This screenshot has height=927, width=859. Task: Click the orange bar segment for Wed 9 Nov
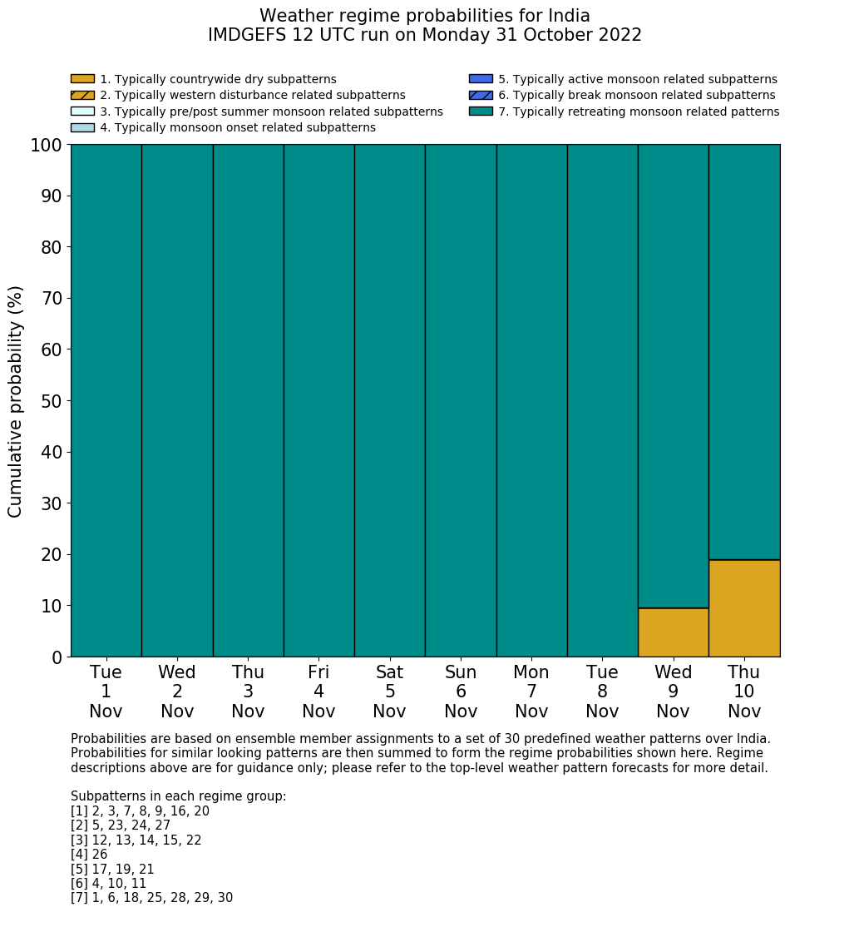[x=673, y=632]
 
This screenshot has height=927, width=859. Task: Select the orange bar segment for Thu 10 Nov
[x=744, y=608]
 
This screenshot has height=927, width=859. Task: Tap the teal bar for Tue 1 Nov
[x=106, y=399]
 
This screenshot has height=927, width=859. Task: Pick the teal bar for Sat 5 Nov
[x=389, y=399]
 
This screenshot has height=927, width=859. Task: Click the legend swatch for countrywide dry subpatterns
[x=82, y=79]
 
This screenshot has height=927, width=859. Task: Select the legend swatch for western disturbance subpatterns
[x=82, y=95]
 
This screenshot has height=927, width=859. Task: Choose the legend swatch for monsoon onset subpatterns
[x=82, y=127]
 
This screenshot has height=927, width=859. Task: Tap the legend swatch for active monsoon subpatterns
[x=481, y=79]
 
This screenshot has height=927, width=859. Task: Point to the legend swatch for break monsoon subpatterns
[x=481, y=95]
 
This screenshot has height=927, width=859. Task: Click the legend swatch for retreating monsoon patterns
[x=481, y=111]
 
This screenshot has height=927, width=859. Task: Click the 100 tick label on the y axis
[x=47, y=146]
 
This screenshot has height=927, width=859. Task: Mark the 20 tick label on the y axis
[x=52, y=555]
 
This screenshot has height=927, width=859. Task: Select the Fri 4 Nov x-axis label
[x=318, y=692]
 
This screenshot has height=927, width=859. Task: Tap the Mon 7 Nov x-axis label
[x=531, y=692]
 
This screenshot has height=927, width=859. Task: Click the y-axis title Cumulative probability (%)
[x=16, y=401]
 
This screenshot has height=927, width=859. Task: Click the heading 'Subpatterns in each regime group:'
[x=178, y=796]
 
